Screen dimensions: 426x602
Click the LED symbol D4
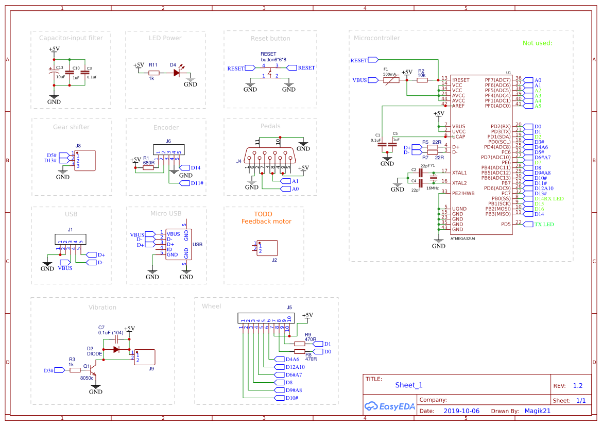coord(177,73)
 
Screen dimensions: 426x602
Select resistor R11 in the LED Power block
coord(154,73)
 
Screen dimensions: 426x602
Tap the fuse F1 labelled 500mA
coord(391,80)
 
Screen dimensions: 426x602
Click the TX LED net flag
coord(543,225)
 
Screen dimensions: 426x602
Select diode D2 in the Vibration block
coord(116,349)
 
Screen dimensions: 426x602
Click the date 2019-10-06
coord(461,411)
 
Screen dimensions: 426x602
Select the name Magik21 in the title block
coord(537,411)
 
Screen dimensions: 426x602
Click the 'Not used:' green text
coord(537,43)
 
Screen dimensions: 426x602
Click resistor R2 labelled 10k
coord(421,80)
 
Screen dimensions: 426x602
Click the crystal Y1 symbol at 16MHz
coord(433,178)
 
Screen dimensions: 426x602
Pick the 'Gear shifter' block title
coord(71,127)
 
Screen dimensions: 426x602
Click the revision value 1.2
coord(577,386)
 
